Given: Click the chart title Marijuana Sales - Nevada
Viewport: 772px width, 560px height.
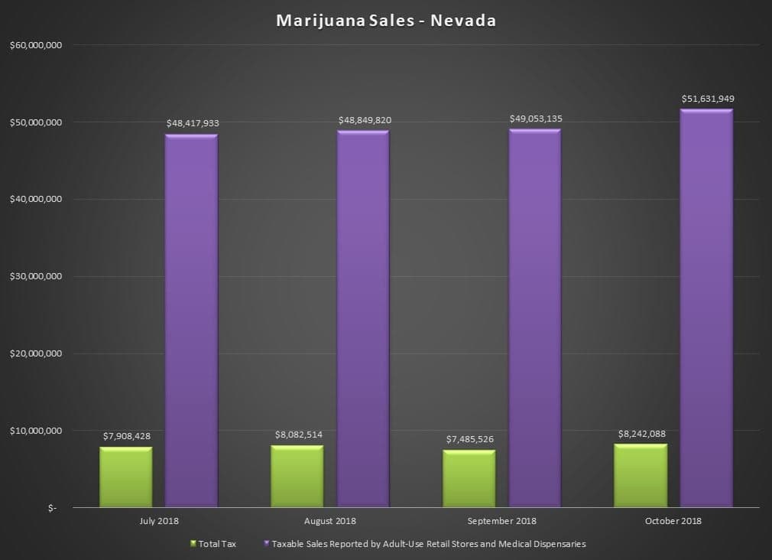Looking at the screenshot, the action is pyautogui.click(x=386, y=21).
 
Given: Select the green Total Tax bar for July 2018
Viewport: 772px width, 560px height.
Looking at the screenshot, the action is pyautogui.click(x=126, y=477).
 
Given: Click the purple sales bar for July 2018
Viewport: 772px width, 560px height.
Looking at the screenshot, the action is pyautogui.click(x=191, y=321).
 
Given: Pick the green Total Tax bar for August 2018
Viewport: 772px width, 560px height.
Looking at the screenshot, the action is pyautogui.click(x=297, y=476).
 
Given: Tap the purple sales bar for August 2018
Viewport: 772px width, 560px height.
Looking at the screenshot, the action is pyautogui.click(x=363, y=319).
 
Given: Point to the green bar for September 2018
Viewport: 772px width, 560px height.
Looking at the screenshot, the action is pyautogui.click(x=469, y=479).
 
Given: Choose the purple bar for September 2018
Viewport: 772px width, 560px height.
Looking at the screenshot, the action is pyautogui.click(x=535, y=318).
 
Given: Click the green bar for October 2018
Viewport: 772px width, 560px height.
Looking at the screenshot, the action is pyautogui.click(x=641, y=476).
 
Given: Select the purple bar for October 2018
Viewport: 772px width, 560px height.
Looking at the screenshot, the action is pyautogui.click(x=706, y=308).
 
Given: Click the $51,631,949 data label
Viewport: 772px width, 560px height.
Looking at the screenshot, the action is pyautogui.click(x=708, y=99).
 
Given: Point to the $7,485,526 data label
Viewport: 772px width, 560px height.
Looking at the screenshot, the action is pyautogui.click(x=470, y=439).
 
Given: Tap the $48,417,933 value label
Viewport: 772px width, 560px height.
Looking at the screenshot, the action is pyautogui.click(x=193, y=123).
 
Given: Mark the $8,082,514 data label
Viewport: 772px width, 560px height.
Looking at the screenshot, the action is pyautogui.click(x=298, y=435).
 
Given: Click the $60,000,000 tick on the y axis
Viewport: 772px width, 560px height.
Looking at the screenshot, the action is pyautogui.click(x=36, y=45).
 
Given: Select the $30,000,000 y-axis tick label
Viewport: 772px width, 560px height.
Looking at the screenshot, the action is pyautogui.click(x=36, y=276).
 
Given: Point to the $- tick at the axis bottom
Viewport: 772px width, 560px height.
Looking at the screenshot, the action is pyautogui.click(x=52, y=508).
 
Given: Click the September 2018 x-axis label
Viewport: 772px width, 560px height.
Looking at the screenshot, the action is pyautogui.click(x=501, y=521).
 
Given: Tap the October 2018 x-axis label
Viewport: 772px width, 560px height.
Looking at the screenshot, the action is pyautogui.click(x=673, y=521).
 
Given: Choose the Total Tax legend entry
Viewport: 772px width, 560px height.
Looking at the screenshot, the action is pyautogui.click(x=213, y=544).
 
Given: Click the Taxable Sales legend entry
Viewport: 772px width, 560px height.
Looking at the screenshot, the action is pyautogui.click(x=425, y=544).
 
